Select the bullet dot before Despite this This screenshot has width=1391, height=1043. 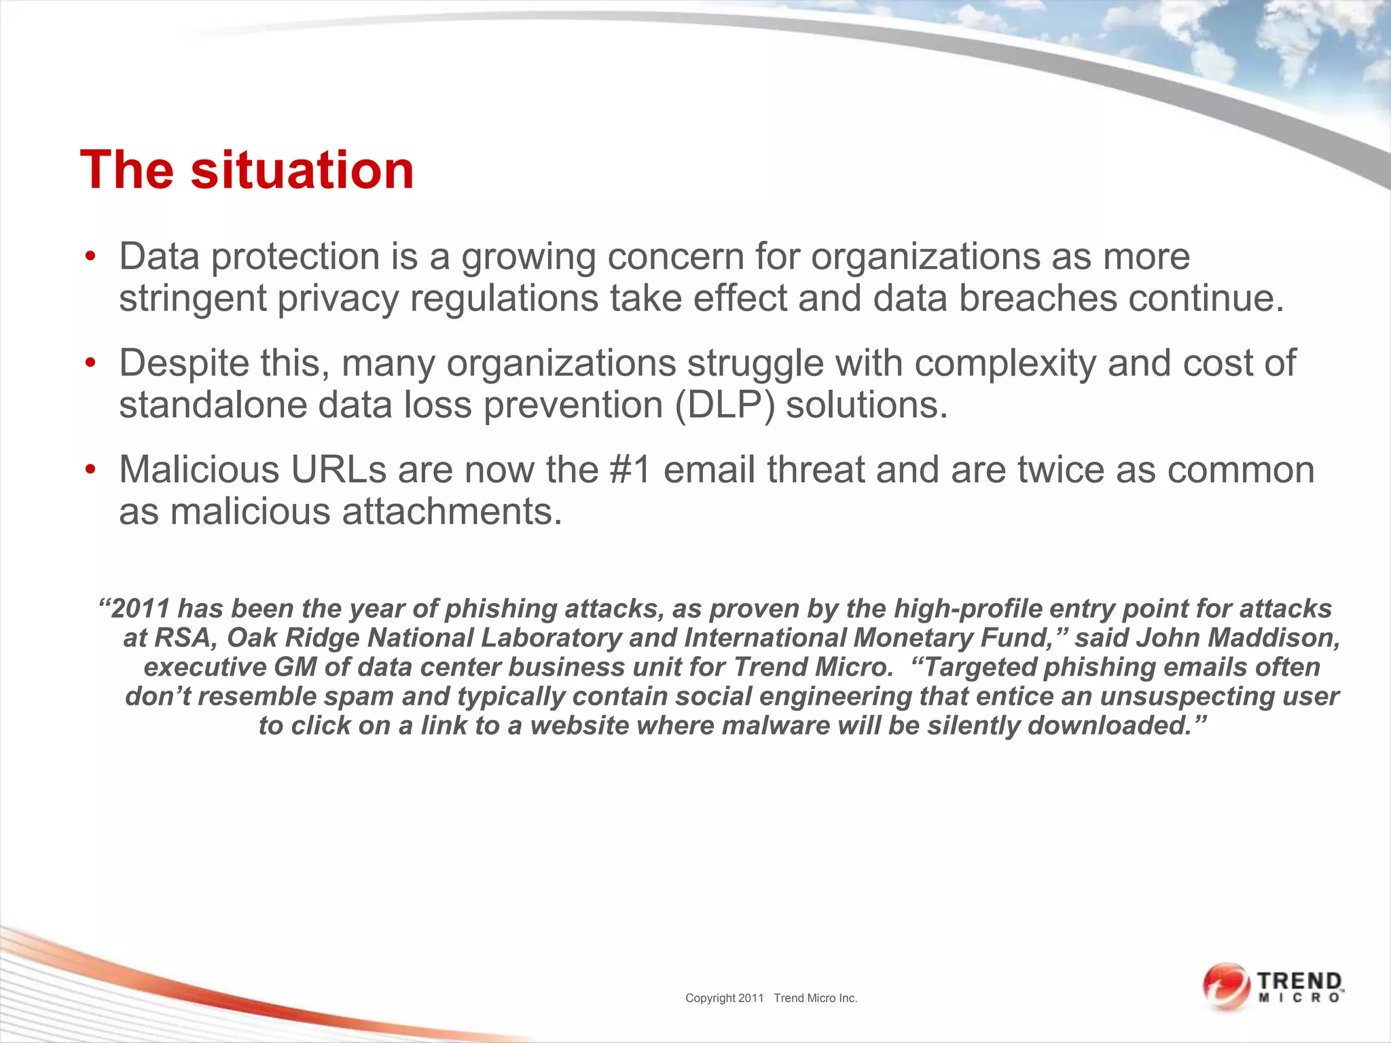[90, 364]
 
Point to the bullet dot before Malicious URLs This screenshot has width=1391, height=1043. [90, 471]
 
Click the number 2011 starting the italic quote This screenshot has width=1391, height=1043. [140, 609]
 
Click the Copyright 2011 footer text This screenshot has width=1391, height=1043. [724, 998]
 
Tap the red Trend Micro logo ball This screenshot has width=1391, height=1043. [1226, 986]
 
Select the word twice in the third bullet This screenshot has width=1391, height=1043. [1060, 470]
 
